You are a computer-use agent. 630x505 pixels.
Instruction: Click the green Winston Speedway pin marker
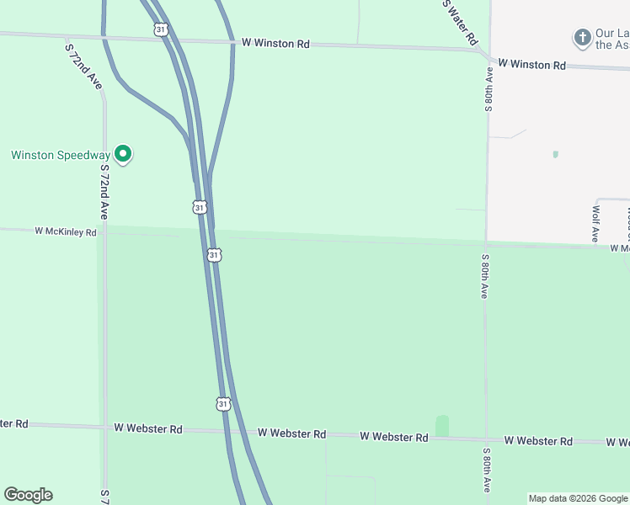(x=123, y=154)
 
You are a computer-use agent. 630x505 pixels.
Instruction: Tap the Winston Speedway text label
(x=60, y=155)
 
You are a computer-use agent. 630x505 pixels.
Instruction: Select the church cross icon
(x=582, y=38)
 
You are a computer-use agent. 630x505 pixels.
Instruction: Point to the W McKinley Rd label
(x=65, y=231)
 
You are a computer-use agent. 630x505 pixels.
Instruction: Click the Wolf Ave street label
(x=595, y=223)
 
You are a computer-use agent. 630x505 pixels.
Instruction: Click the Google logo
(x=28, y=495)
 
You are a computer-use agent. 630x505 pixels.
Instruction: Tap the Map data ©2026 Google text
(x=579, y=498)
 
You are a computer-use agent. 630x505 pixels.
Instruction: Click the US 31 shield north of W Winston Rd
(x=161, y=29)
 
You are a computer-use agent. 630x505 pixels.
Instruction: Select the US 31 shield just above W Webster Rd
(x=222, y=404)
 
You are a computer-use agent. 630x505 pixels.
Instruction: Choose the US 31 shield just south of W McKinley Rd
(x=214, y=254)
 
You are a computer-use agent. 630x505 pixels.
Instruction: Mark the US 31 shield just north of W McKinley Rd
(x=199, y=206)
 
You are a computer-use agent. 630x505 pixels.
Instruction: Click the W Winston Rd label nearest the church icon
(x=531, y=64)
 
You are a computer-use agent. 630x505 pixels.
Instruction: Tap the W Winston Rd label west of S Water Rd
(x=275, y=42)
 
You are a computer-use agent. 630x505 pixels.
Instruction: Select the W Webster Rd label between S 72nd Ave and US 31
(x=147, y=428)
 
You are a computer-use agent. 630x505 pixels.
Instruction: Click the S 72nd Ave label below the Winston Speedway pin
(x=104, y=193)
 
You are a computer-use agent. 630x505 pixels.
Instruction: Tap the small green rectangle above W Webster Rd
(x=442, y=425)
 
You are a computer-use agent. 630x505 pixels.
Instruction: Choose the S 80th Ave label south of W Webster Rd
(x=487, y=471)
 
